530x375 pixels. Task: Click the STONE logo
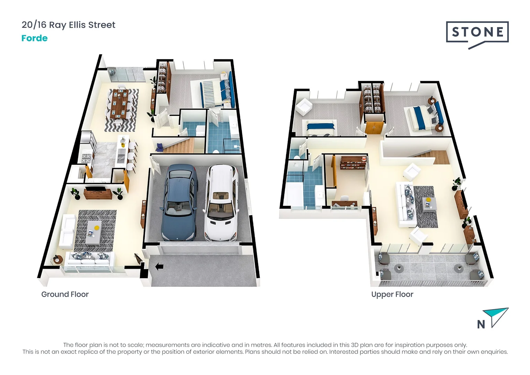(x=477, y=33)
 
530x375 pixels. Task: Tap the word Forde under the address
(x=34, y=38)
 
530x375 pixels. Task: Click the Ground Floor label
(x=65, y=294)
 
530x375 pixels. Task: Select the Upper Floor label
(x=392, y=294)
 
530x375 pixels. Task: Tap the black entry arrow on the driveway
(x=159, y=267)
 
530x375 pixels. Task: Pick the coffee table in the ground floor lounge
(x=94, y=232)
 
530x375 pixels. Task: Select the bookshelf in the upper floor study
(x=353, y=162)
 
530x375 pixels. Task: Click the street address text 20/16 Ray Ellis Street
(x=68, y=25)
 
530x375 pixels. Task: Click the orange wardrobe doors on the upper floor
(x=374, y=127)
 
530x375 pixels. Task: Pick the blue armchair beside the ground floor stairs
(x=160, y=148)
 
